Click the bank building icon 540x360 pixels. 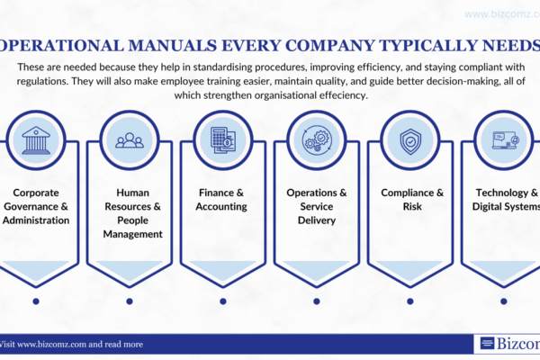point(36,140)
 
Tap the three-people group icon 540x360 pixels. point(130,140)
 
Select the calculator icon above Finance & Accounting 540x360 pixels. point(223,140)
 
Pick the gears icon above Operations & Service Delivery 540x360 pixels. point(317,140)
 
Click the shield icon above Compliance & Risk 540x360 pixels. point(410,141)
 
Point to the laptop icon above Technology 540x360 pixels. point(506,140)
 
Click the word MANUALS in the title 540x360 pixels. point(172,46)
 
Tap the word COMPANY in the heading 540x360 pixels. point(330,46)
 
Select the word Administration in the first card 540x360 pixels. point(36,220)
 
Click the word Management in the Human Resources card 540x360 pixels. point(132,234)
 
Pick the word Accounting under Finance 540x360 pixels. point(221,207)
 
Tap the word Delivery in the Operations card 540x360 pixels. point(317,220)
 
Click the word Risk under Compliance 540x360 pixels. point(412,206)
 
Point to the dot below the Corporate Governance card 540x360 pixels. point(36,301)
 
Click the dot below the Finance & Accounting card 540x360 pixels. point(223,301)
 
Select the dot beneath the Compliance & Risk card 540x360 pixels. point(410,301)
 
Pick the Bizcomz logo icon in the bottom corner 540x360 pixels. point(487,343)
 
